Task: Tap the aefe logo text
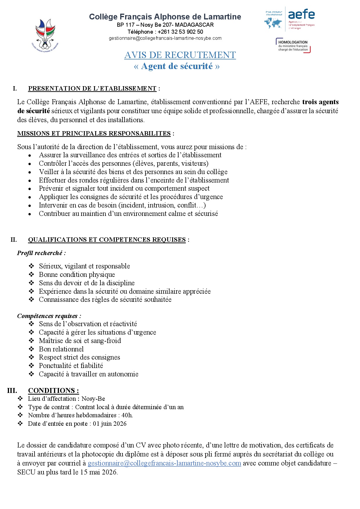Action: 301,15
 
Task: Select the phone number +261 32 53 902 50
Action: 180,32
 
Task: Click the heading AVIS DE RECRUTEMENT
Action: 180,55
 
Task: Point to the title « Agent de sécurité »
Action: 177,66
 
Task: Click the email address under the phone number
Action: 165,38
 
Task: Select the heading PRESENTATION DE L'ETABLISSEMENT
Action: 92,89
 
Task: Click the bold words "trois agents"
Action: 320,102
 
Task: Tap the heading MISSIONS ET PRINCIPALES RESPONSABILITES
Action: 94,133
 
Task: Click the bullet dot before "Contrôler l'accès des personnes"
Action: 30,164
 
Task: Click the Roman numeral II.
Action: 14,240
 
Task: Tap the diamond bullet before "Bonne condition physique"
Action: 31,275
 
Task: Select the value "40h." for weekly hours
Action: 127,415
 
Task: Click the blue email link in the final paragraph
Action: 164,463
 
